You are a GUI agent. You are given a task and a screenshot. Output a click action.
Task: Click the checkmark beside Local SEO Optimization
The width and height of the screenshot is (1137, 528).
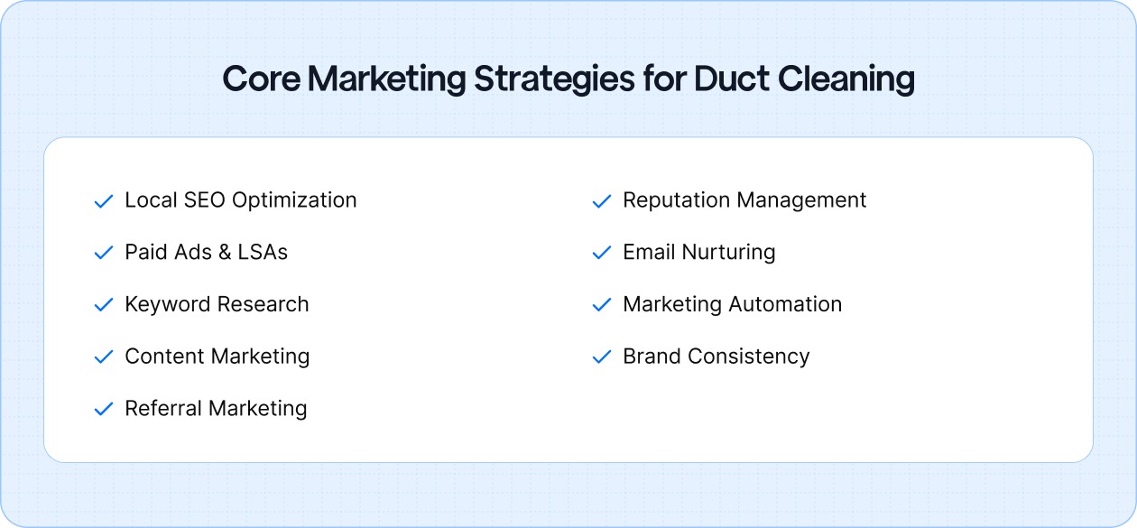click(103, 201)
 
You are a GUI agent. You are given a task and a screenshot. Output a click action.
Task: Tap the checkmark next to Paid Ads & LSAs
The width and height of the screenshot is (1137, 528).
click(103, 254)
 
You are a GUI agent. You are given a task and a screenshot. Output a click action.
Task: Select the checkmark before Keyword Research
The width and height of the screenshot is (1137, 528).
click(103, 306)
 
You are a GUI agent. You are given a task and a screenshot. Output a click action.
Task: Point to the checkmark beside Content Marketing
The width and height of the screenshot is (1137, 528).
click(103, 357)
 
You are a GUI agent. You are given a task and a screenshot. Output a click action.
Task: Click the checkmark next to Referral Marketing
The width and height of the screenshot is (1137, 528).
click(103, 410)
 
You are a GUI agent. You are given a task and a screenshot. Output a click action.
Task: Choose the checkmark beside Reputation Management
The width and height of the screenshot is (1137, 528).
click(601, 201)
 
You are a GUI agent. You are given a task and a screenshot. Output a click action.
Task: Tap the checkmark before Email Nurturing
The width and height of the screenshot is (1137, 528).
click(601, 254)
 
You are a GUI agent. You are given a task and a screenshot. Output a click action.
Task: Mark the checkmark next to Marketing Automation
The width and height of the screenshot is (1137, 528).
click(601, 306)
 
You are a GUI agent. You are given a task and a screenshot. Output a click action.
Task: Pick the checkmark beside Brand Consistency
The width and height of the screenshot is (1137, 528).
click(601, 357)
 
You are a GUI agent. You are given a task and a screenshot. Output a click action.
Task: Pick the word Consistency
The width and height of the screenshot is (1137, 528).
click(748, 357)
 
